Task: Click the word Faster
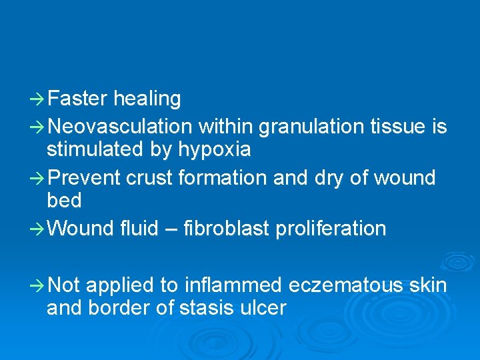[77, 99]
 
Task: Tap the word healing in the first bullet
[147, 99]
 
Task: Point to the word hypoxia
[214, 150]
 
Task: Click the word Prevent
[84, 178]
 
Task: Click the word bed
[64, 200]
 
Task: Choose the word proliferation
[338, 229]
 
